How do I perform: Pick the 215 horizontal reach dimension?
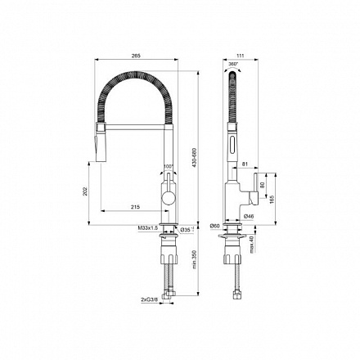click(x=134, y=207)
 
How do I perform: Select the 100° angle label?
click(x=169, y=167)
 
